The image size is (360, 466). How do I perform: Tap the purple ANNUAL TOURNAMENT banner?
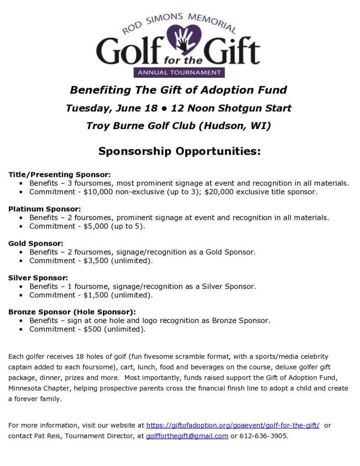179,72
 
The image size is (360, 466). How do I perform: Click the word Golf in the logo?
131,51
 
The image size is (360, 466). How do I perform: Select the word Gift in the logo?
233,51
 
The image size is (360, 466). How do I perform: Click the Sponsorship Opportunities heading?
179,151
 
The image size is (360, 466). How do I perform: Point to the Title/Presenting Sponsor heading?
60,174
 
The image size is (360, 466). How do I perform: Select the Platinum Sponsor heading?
45,209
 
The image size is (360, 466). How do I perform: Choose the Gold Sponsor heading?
36,243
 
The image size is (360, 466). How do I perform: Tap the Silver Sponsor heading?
38,278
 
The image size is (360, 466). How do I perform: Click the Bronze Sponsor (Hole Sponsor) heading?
72,312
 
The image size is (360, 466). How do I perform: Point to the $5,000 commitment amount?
96,227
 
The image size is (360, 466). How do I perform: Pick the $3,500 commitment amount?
96,261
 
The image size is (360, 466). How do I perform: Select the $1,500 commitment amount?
96,295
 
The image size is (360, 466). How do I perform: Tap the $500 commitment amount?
92,329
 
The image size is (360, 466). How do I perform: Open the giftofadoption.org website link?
233,425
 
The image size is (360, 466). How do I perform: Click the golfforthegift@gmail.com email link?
187,436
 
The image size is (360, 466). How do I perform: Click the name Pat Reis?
52,436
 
